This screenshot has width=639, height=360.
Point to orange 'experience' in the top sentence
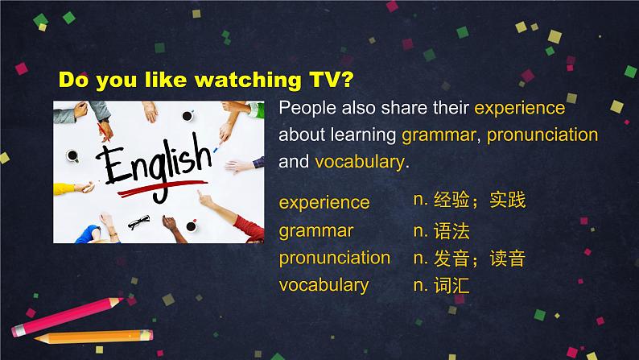[x=520, y=109]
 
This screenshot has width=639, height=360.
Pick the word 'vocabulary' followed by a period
[x=359, y=161]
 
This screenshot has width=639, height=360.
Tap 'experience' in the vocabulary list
[x=324, y=202]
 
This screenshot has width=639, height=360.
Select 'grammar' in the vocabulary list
[x=316, y=231]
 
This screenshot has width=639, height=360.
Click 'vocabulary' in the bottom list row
[x=324, y=284]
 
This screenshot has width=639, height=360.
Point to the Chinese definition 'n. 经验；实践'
[x=469, y=201]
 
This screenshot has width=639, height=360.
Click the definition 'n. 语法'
[x=441, y=231]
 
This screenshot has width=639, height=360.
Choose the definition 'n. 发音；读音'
[x=469, y=259]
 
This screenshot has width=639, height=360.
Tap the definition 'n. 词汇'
[x=441, y=284]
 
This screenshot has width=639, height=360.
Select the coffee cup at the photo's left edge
[x=71, y=155]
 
